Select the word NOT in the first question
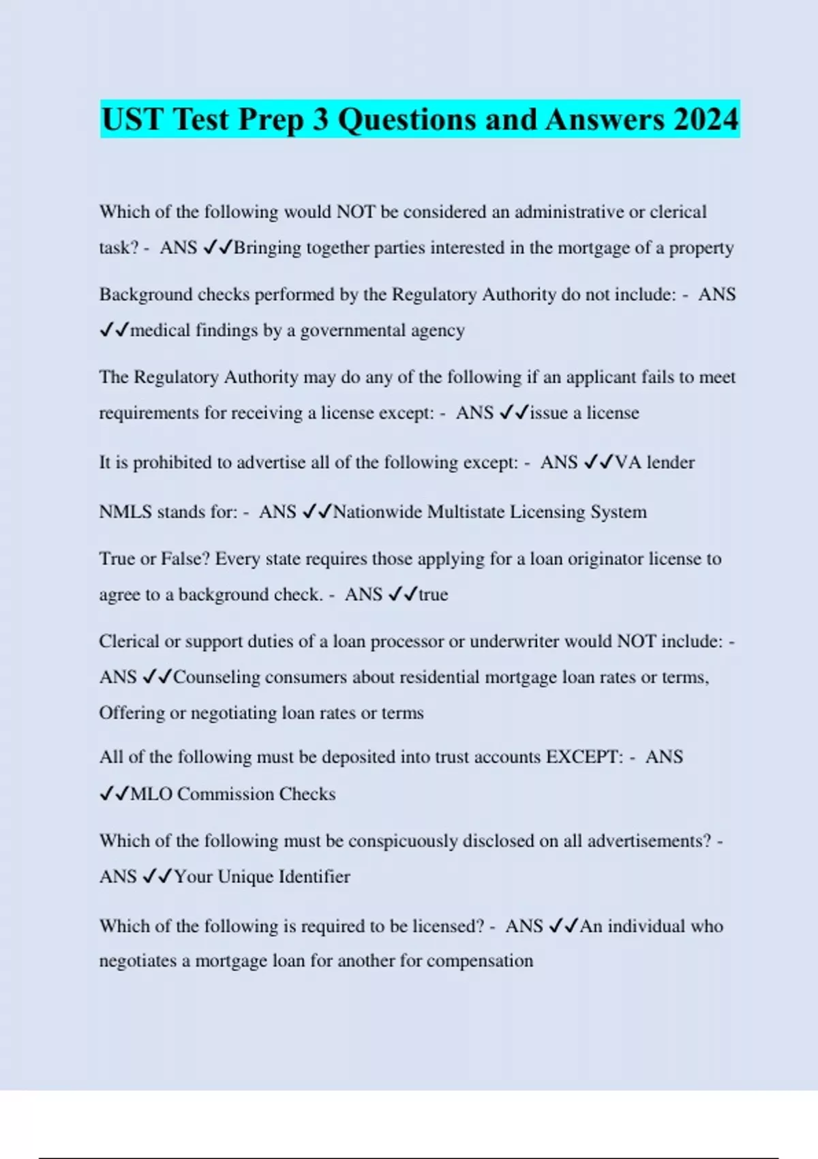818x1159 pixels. pyautogui.click(x=356, y=212)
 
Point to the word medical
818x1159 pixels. pyautogui.click(x=160, y=331)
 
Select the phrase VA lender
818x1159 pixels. pyautogui.click(x=654, y=462)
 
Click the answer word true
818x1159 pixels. pyautogui.click(x=433, y=594)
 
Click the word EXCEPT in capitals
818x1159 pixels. pyautogui.click(x=584, y=757)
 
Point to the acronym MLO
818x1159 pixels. pyautogui.click(x=151, y=794)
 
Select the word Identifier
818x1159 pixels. pyautogui.click(x=314, y=877)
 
